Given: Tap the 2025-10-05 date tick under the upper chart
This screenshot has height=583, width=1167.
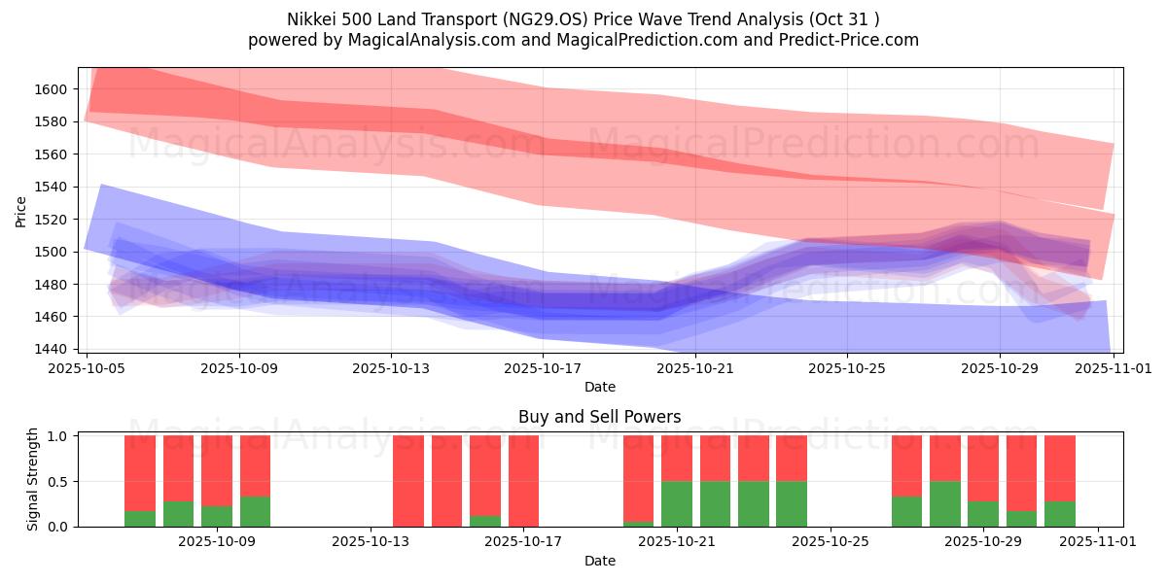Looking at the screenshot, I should click(88, 368).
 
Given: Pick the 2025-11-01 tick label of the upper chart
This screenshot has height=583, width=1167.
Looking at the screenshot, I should click(1113, 368).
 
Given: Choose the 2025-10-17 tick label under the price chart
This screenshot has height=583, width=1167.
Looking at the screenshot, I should click(543, 368).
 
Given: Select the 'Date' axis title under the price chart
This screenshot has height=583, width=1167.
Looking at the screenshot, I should click(600, 387).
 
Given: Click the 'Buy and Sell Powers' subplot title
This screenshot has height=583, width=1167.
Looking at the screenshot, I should click(600, 417).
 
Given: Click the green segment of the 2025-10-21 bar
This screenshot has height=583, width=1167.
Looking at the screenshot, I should click(676, 503).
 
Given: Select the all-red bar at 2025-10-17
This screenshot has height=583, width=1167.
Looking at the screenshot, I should click(523, 481).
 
